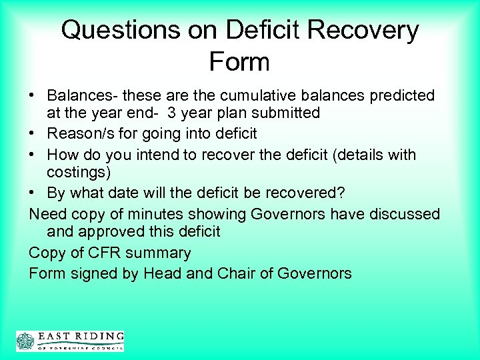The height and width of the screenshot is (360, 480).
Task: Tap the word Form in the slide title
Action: (x=239, y=62)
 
